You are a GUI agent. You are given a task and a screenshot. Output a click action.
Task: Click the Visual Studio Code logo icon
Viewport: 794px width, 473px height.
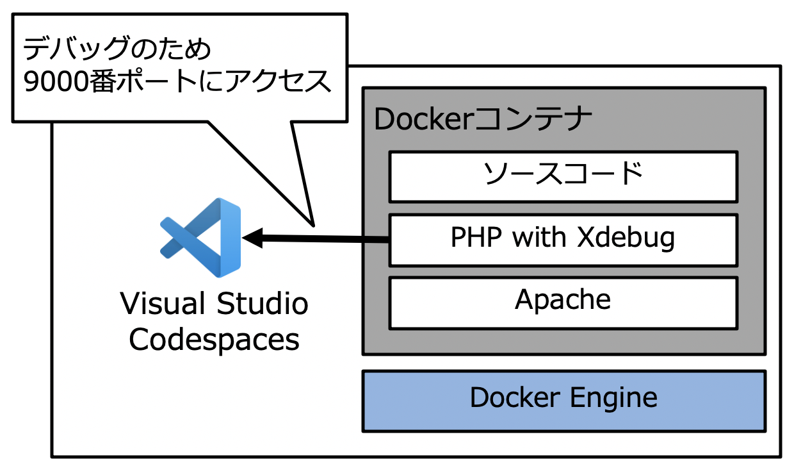point(201,238)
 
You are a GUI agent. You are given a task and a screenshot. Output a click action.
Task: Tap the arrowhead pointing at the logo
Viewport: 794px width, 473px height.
point(254,238)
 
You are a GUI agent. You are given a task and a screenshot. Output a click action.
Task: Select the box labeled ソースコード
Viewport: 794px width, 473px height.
point(563,176)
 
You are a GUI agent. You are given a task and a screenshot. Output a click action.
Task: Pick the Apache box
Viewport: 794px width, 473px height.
point(563,301)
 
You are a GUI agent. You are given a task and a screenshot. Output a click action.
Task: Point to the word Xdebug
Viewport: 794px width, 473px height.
point(626,238)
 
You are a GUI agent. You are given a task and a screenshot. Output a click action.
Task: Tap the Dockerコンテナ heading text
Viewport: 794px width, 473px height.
point(483,119)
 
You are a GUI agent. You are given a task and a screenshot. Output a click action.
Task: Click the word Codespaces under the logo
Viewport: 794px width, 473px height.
point(214,340)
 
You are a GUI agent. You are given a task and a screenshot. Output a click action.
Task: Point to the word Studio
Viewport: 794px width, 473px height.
point(262,304)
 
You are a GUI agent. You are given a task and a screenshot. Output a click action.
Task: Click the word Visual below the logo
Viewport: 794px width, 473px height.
point(163,304)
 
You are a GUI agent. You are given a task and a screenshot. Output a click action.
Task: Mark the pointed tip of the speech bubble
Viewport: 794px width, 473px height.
point(313,225)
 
